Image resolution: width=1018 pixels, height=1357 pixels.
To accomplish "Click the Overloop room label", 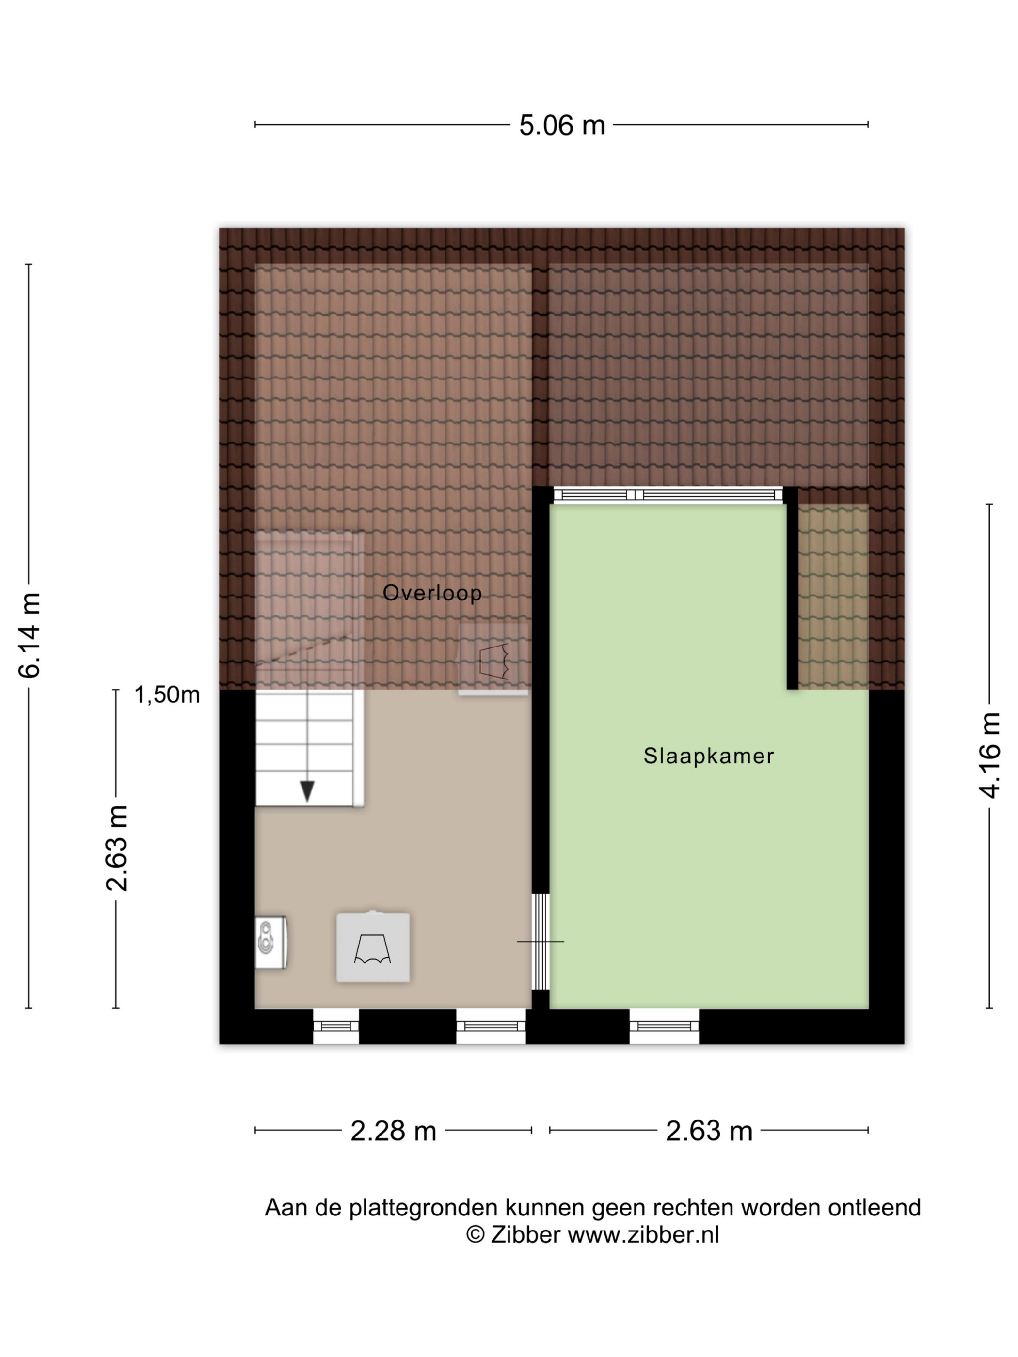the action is [x=432, y=593].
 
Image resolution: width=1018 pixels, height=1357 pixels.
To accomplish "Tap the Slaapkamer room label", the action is [x=708, y=756].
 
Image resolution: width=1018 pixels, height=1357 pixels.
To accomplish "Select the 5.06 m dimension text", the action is [x=562, y=125].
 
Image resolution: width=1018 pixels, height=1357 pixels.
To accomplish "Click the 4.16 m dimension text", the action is [x=989, y=755].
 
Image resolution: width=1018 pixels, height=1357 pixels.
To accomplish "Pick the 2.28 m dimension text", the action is [x=393, y=1131].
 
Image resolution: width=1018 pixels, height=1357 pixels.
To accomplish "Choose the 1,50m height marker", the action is [x=167, y=694].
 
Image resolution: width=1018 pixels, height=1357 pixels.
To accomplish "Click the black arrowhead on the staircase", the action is [x=307, y=791].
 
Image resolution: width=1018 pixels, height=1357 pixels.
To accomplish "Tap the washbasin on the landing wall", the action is [x=270, y=943].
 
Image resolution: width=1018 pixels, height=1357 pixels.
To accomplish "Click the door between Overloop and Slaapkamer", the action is [x=540, y=941].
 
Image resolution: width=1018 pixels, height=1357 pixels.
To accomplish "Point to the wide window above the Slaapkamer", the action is [x=668, y=494].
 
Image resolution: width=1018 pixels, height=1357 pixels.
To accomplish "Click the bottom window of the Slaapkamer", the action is [x=664, y=1026].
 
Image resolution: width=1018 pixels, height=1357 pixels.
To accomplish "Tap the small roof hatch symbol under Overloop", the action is [x=493, y=660].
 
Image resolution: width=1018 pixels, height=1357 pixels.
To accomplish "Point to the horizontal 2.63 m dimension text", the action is [x=709, y=1131].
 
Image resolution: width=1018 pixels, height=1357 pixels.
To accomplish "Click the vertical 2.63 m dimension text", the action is [x=117, y=848].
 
